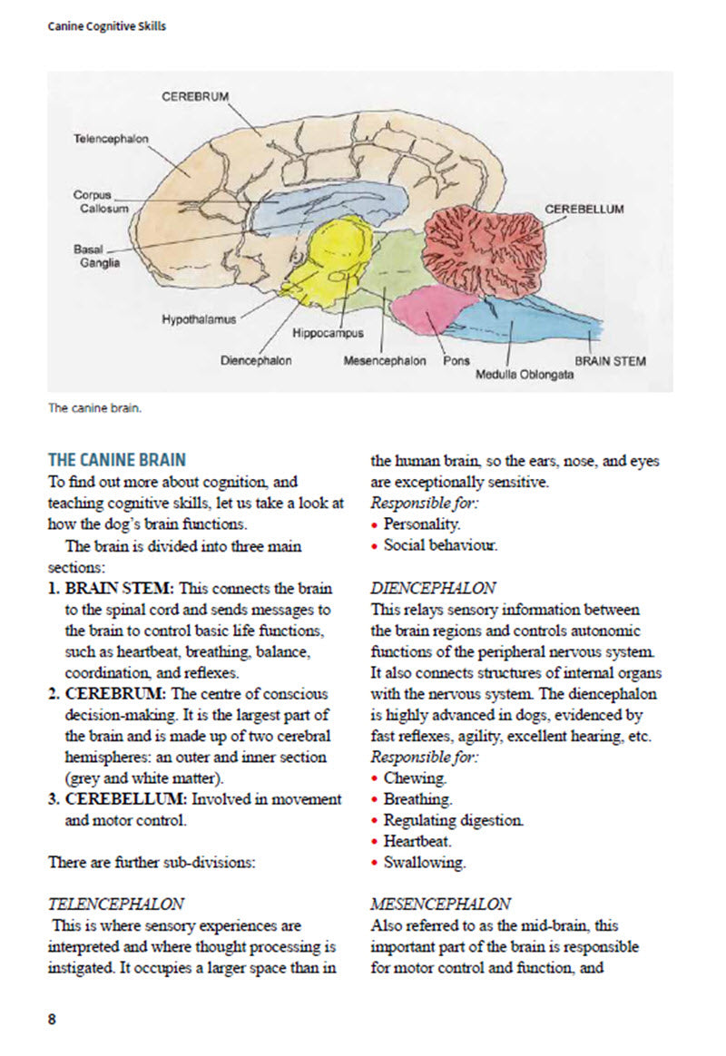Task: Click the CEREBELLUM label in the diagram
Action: pos(584,209)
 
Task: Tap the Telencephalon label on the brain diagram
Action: pos(111,139)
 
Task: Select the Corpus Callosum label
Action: pos(94,201)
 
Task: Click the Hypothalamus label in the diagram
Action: pos(199,319)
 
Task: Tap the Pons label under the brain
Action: pos(456,361)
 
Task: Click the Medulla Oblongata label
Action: pos(525,374)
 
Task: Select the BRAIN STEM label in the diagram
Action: pos(611,361)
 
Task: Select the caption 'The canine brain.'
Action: pos(95,407)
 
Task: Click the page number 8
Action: pos(52,1018)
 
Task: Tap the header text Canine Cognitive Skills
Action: pos(107,26)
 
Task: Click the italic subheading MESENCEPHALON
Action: pos(440,904)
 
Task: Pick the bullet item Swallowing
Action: pos(424,862)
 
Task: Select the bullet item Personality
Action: pos(422,524)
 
